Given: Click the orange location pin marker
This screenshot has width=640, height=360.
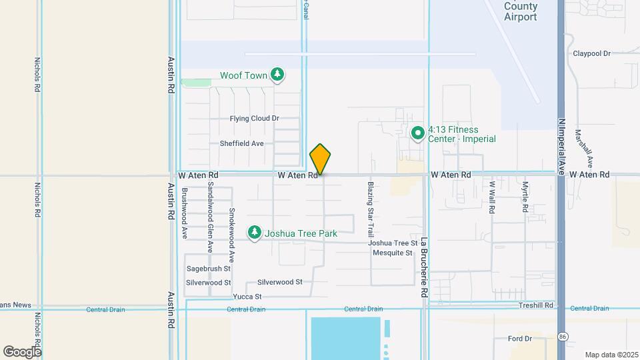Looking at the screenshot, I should point(321,159).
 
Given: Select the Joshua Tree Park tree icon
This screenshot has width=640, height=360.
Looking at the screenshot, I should point(254,233).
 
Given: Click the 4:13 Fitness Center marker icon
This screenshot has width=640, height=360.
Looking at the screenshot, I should point(418,133).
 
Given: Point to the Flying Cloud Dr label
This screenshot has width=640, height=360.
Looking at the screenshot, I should point(254,119).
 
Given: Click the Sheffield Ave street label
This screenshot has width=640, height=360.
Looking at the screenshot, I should point(242,143).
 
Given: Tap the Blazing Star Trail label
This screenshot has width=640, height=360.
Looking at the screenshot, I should point(371,209).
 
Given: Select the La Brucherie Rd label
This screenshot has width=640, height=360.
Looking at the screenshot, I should point(423,267).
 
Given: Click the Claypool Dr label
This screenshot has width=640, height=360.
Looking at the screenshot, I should point(592,53).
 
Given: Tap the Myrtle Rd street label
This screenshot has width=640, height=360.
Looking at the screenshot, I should point(525,197).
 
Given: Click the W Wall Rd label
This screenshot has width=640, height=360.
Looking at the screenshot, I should point(492,197).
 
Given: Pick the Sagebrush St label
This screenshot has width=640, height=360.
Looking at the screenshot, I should point(208,269).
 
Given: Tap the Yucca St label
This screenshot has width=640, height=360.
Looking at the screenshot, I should point(247,297).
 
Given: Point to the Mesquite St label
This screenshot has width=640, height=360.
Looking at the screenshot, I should point(392,253).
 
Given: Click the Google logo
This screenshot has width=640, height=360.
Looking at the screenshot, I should point(22,352).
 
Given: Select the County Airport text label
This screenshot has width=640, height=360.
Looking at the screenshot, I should point(521,12).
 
